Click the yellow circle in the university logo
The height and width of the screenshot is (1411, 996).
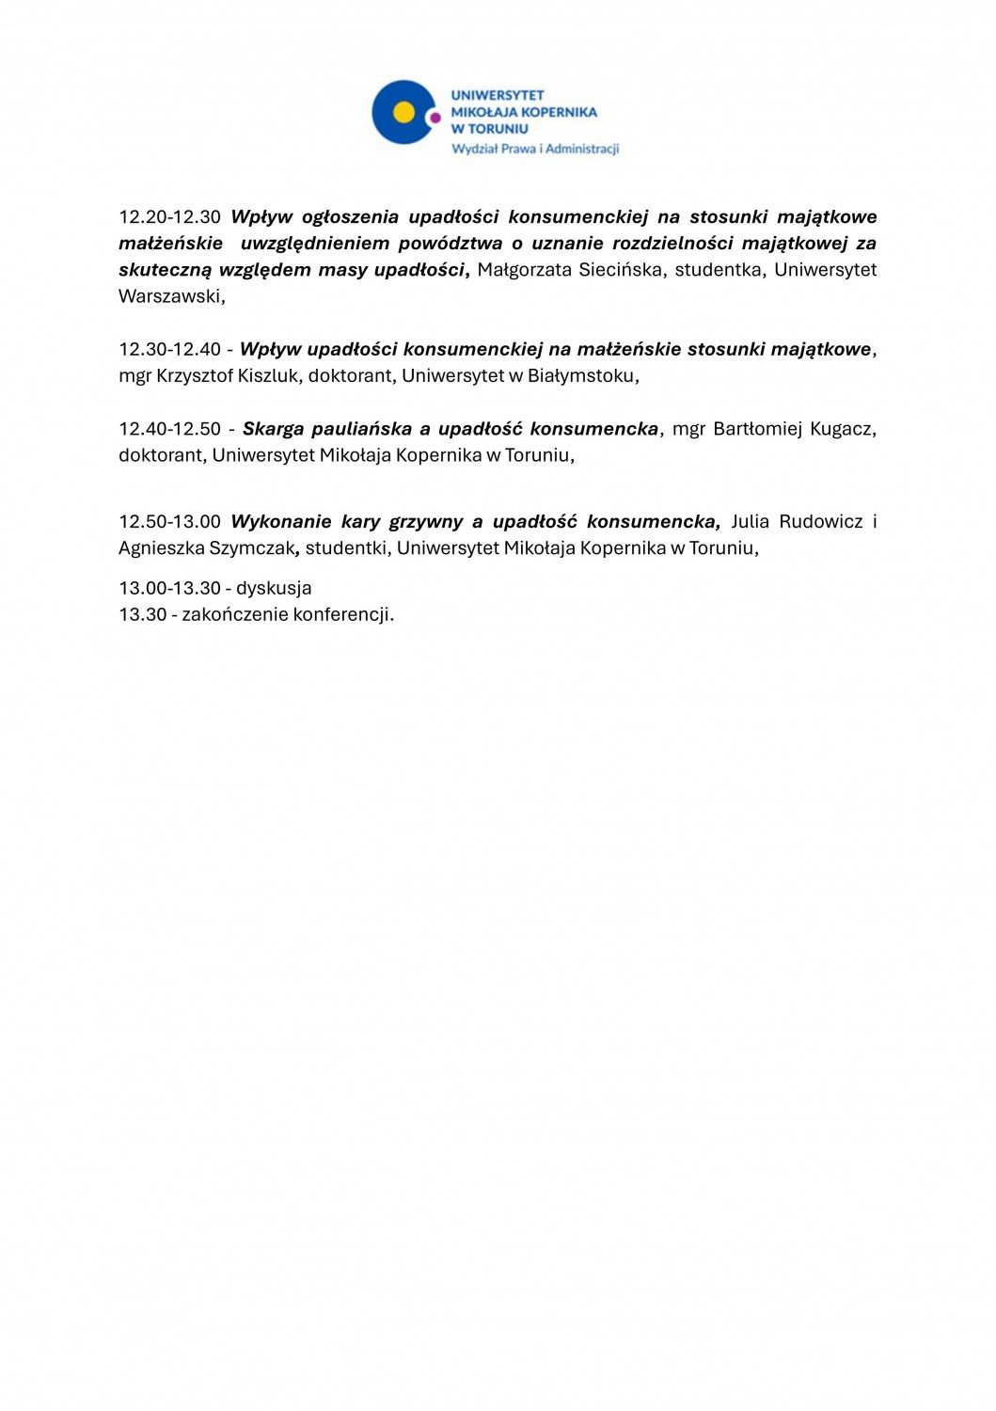(x=403, y=112)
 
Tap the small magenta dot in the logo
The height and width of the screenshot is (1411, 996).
(x=435, y=118)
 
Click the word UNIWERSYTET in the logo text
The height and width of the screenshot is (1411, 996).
(x=498, y=95)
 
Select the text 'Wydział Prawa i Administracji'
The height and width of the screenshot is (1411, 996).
(x=535, y=149)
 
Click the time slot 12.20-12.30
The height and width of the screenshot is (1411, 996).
(x=169, y=217)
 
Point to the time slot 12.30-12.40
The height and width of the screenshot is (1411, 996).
(x=169, y=350)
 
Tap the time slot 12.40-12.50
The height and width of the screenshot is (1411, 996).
(x=169, y=429)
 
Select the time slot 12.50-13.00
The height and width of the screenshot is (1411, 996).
(x=169, y=522)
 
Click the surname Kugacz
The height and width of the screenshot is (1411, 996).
(x=843, y=429)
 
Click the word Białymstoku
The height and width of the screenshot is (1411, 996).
(x=581, y=376)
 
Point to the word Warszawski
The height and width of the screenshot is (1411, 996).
(x=170, y=296)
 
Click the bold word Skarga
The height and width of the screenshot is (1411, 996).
(x=272, y=429)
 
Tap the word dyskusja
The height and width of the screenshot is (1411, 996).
(x=274, y=589)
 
